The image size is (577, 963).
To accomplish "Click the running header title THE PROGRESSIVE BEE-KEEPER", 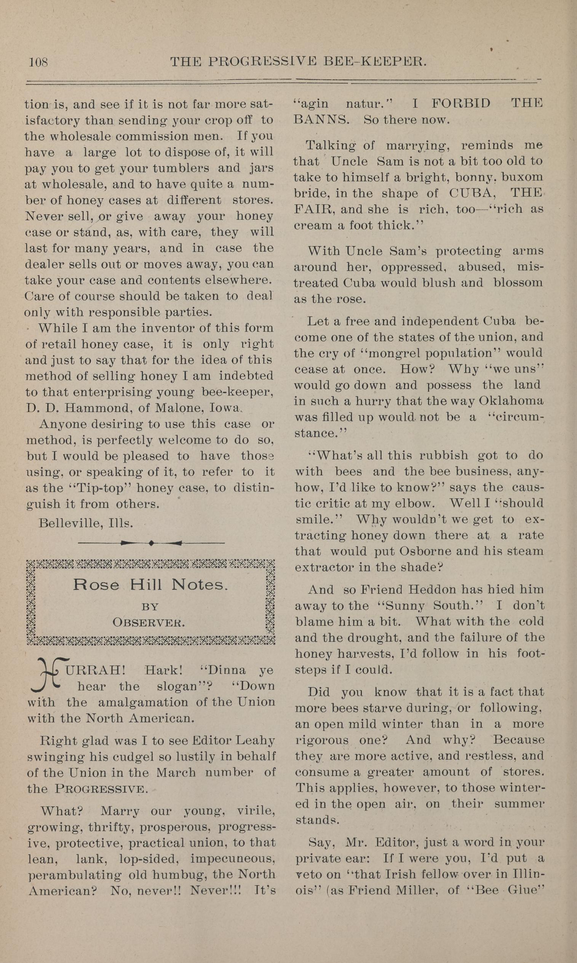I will point(299,62).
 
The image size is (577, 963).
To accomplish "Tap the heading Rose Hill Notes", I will point(150,585).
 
